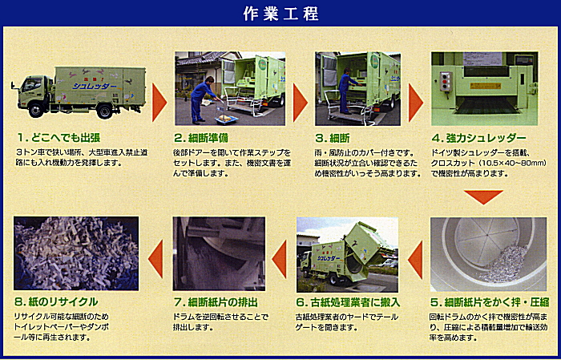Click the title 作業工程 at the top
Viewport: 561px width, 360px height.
(x=280, y=14)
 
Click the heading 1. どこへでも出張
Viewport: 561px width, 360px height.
(x=59, y=138)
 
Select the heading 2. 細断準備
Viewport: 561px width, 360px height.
(x=201, y=138)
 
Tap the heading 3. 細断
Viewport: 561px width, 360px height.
(x=333, y=138)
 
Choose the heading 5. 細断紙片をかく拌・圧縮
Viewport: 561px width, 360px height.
(x=490, y=302)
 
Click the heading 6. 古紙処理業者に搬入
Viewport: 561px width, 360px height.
(x=348, y=302)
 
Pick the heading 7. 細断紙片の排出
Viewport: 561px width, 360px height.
(x=216, y=302)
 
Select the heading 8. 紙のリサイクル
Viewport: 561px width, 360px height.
(x=56, y=302)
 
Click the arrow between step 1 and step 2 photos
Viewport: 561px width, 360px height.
(x=159, y=103)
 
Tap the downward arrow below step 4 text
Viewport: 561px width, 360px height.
(x=483, y=196)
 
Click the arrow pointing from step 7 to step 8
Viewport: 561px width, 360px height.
(x=156, y=259)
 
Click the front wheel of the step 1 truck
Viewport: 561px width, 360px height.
(x=36, y=110)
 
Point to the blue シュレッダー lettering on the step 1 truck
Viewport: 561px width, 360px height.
(x=94, y=86)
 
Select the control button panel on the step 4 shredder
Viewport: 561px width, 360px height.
(x=446, y=81)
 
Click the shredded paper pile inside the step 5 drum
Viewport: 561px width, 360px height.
(x=505, y=264)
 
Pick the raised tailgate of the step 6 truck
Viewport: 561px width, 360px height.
(x=369, y=244)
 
